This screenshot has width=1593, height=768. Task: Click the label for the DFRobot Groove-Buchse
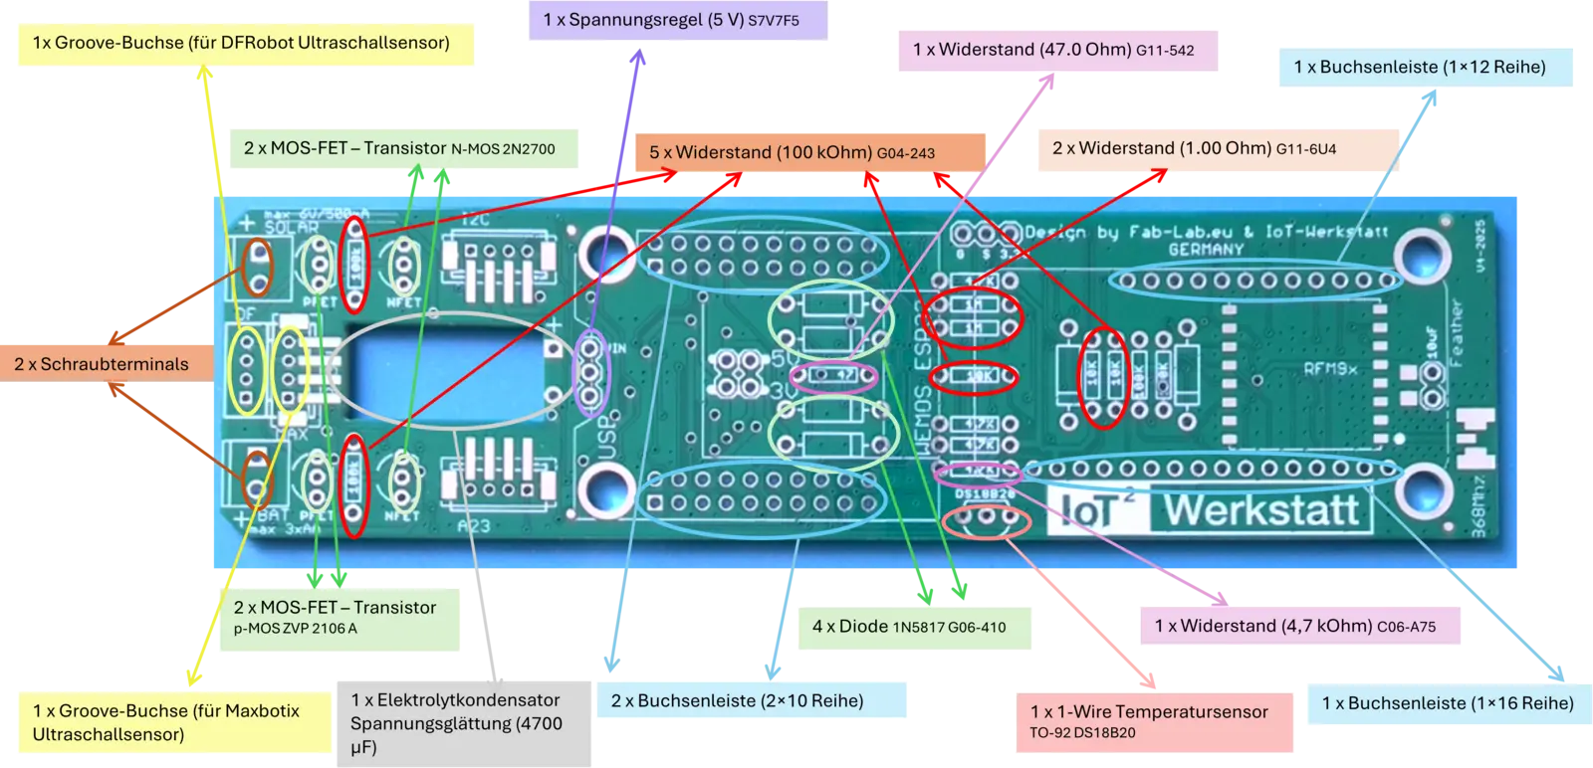(241, 42)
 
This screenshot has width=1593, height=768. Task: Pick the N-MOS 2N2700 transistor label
(399, 148)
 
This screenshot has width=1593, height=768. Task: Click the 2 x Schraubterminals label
(102, 364)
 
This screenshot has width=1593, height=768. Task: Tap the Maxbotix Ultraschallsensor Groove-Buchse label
(166, 722)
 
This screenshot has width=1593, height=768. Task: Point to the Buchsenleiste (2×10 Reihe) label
(737, 700)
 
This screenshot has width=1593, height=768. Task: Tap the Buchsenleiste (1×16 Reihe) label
(1448, 703)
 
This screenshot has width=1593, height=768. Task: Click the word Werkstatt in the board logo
(1261, 510)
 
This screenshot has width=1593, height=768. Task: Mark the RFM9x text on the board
(1331, 369)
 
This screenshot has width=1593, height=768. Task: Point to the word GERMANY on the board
(1206, 250)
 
